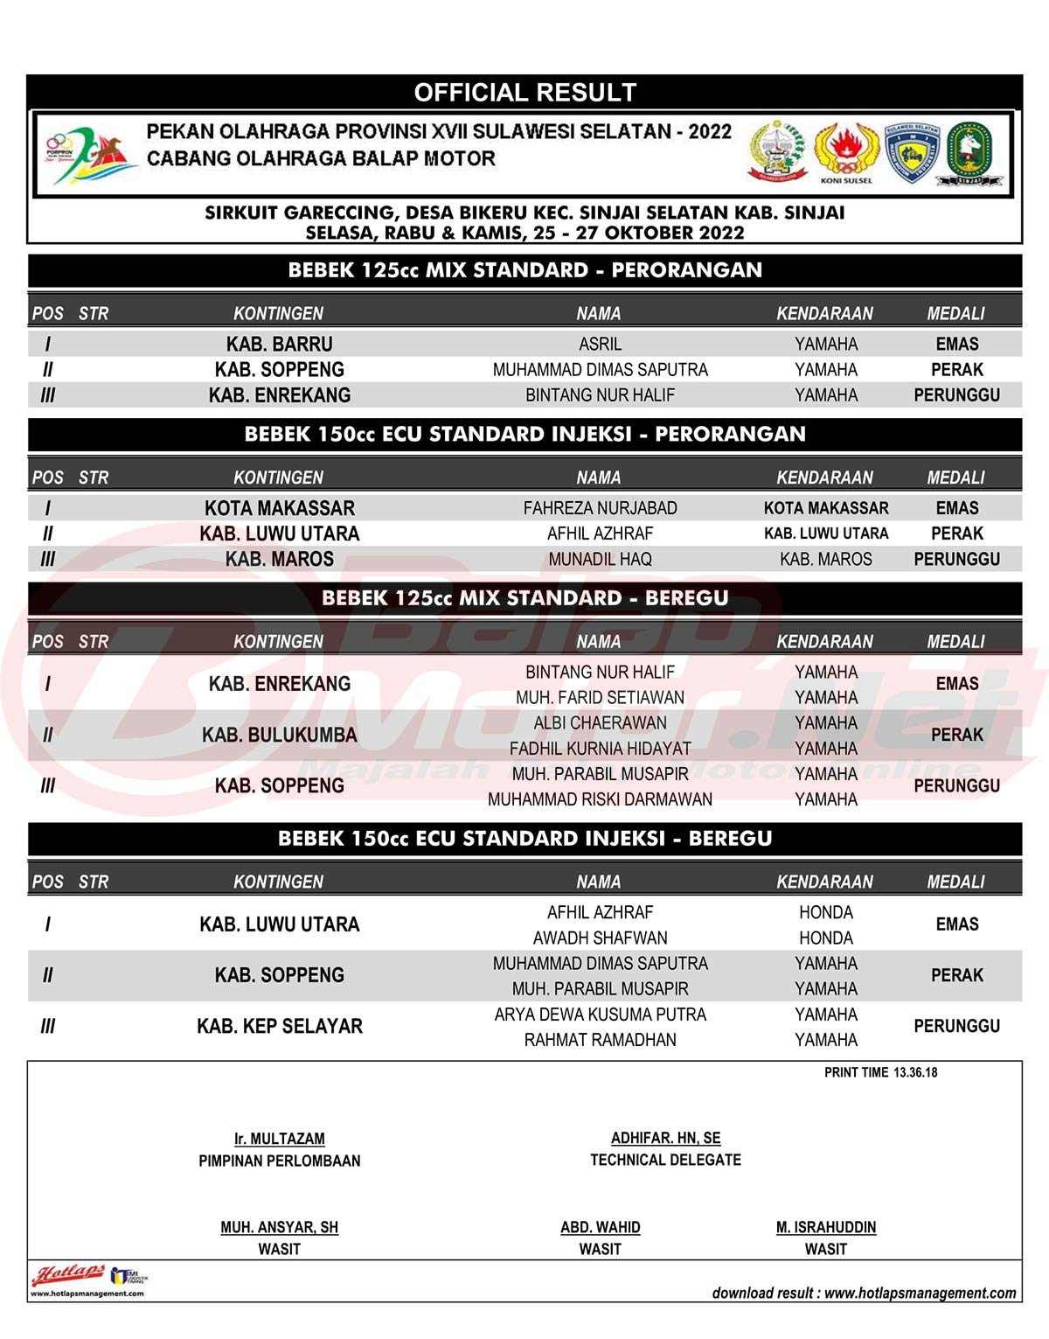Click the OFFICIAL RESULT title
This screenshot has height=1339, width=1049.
(524, 92)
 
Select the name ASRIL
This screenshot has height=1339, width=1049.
(600, 344)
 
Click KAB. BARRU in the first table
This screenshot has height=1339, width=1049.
(279, 344)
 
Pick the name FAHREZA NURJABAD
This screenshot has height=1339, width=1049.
(600, 508)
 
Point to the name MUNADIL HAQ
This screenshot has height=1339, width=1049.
(600, 559)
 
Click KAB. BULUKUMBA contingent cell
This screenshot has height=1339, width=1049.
(279, 735)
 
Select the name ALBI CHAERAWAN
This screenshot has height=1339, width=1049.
(600, 723)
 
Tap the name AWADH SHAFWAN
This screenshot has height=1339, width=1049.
(600, 938)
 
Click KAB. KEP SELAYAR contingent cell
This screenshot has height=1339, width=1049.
(279, 1026)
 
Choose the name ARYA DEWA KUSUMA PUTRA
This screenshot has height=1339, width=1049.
(600, 1015)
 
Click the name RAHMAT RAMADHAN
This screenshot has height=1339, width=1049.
(600, 1040)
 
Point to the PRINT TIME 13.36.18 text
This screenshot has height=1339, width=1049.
(880, 1072)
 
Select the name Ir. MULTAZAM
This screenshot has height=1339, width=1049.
(279, 1139)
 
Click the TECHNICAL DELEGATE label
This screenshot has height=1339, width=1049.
(665, 1160)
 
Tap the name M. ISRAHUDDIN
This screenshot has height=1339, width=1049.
(825, 1227)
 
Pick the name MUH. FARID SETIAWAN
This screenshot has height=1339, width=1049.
(600, 698)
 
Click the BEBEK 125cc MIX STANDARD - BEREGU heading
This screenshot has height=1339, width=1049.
(524, 598)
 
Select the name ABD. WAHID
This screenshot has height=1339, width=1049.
(600, 1227)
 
